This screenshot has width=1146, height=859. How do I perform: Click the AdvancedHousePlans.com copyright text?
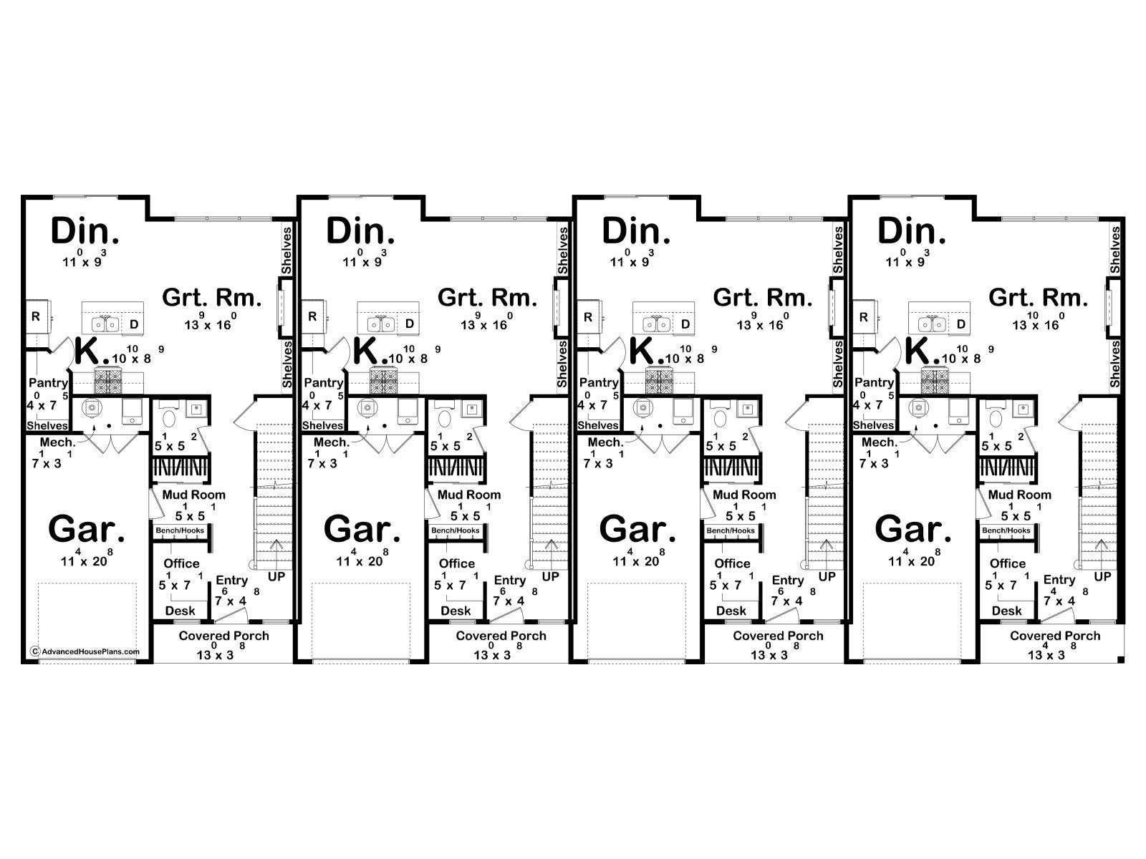click(x=86, y=651)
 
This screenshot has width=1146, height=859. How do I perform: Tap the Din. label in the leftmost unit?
click(x=85, y=231)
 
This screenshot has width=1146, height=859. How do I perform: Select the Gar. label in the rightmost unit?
click(x=913, y=529)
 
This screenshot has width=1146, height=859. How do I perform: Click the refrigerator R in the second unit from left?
click(x=312, y=316)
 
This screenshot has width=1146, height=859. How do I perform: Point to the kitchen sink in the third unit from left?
click(x=656, y=324)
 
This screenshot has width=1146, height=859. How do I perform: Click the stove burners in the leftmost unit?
click(x=107, y=379)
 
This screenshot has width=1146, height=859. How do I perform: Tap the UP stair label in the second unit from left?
click(x=551, y=576)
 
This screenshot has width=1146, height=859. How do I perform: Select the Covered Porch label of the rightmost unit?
click(x=1055, y=636)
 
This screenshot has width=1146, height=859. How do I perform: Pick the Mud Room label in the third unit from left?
click(x=744, y=495)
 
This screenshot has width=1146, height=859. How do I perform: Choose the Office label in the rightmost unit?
click(x=1008, y=563)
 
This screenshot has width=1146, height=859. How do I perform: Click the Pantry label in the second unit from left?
click(x=324, y=382)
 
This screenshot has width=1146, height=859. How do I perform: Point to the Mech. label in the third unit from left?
click(x=605, y=442)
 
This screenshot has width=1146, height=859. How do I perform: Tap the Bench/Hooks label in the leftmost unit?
click(x=180, y=530)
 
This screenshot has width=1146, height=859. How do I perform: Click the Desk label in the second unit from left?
click(x=456, y=611)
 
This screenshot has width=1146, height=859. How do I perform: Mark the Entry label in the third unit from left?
click(x=788, y=581)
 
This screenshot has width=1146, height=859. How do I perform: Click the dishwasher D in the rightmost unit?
click(x=960, y=324)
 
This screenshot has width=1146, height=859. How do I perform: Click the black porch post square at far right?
click(x=1120, y=660)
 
